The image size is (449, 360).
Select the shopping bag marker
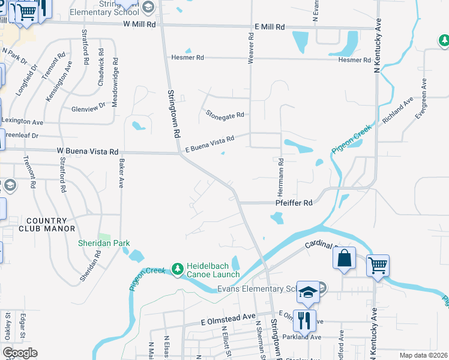coord(345,258)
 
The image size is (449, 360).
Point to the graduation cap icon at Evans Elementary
coord(309,292)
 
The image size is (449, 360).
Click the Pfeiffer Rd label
coord(294,203)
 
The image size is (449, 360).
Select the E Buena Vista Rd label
coord(209,140)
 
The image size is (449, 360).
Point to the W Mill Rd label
coord(139,25)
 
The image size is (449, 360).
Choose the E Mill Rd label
coord(270,27)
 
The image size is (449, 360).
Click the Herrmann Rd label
coord(280,179)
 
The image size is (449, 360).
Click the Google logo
coord(20,353)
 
